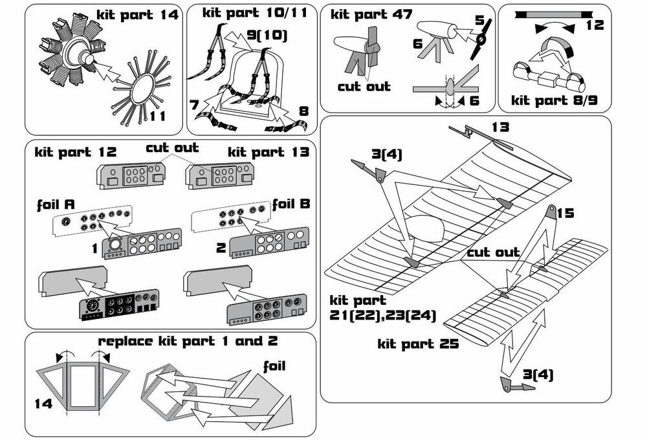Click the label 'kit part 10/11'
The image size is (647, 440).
[x=250, y=12]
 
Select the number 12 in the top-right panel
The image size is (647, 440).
[x=593, y=25]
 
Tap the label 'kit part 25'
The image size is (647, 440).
[x=418, y=344]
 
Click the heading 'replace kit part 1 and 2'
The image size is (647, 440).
[x=188, y=341]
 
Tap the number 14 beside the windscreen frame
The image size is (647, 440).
[x=43, y=404]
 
